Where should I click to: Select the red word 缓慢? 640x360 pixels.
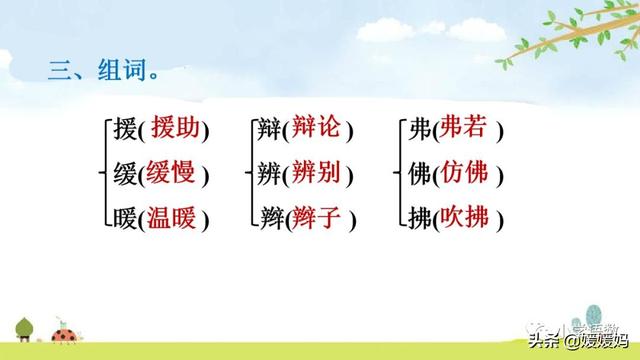[173, 173]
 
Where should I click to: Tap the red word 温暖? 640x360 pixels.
[173, 217]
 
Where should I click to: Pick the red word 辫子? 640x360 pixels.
[319, 217]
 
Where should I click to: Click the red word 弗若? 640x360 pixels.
[465, 128]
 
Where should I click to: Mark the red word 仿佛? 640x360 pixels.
[465, 173]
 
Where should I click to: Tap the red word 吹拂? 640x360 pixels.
[465, 217]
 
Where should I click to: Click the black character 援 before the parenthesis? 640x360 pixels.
[123, 129]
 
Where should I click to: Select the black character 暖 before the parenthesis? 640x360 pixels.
[123, 218]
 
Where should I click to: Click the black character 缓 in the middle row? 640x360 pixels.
[123, 174]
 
